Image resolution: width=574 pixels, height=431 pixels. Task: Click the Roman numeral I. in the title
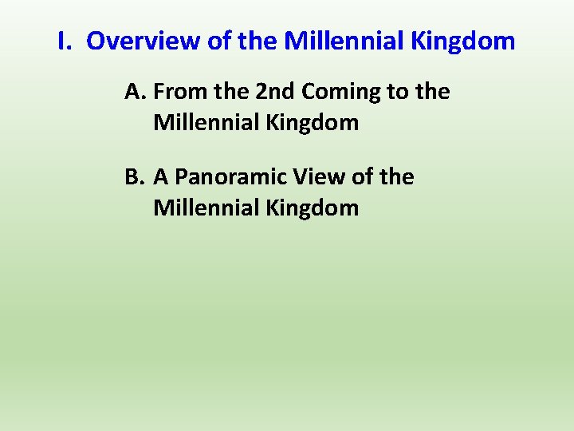(65, 41)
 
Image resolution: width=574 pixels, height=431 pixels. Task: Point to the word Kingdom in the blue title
(464, 41)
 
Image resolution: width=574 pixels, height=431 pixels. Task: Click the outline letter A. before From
(136, 92)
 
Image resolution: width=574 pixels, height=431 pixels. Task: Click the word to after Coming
(396, 92)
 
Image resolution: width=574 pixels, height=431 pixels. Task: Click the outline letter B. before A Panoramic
(136, 176)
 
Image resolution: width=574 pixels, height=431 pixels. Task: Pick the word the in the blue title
(257, 41)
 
